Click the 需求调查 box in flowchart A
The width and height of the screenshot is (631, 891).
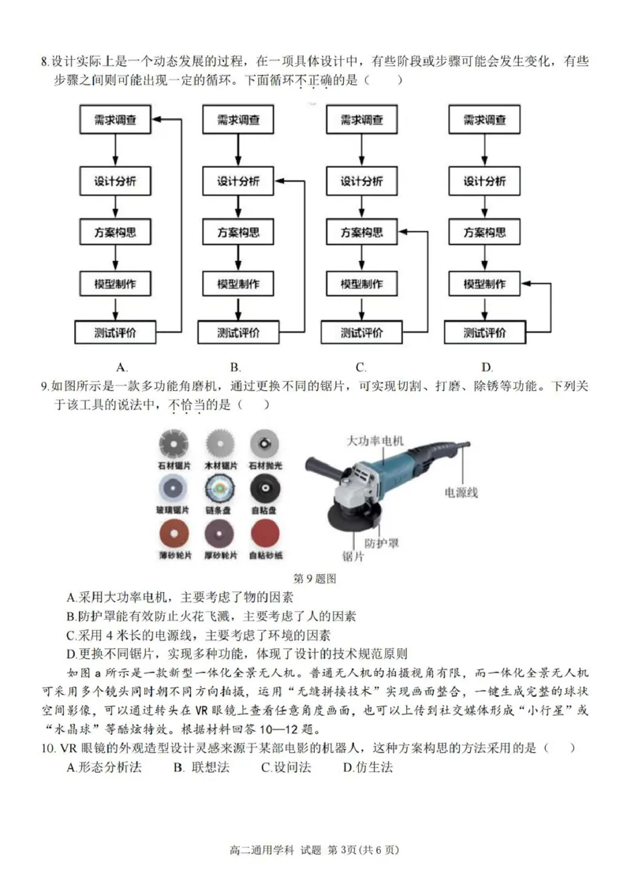(116, 121)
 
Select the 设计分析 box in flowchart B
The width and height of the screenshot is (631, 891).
(238, 181)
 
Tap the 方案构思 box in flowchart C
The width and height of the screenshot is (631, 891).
(361, 233)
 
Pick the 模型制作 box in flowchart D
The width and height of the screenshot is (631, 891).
(484, 284)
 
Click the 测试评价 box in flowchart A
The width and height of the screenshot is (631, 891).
(116, 332)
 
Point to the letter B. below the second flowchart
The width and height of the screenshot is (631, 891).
(235, 367)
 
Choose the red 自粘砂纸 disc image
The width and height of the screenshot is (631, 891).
(267, 535)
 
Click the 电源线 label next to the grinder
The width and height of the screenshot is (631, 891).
(461, 493)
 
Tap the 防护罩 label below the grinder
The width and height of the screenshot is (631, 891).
(381, 543)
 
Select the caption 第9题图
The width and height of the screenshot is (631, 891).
(315, 579)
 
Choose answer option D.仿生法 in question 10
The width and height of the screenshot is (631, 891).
(368, 767)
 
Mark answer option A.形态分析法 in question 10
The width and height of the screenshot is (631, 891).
(104, 767)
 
